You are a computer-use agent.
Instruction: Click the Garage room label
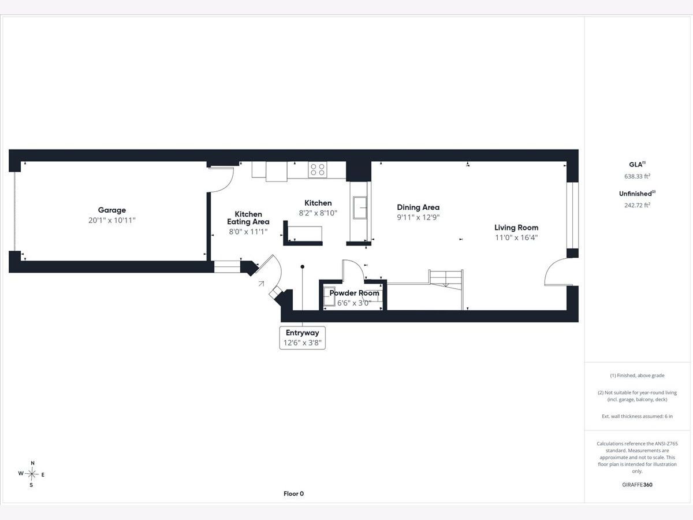(112, 210)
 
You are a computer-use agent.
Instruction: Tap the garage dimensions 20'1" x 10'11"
(112, 220)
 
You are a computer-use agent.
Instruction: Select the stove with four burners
(317, 169)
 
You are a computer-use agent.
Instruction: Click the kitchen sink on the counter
(360, 207)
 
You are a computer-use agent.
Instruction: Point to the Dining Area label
(418, 207)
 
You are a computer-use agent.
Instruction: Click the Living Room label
(516, 228)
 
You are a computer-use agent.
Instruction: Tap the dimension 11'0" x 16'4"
(516, 237)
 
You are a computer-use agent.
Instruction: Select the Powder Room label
(354, 293)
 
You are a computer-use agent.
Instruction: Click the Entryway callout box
(303, 338)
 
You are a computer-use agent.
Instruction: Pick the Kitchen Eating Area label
(248, 218)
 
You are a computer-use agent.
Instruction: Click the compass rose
(32, 474)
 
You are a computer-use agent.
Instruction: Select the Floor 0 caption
(293, 494)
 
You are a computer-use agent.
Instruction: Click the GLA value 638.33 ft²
(637, 176)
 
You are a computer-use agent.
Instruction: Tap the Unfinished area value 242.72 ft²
(637, 205)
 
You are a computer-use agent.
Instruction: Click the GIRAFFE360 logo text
(637, 485)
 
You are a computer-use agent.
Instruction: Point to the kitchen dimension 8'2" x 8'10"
(318, 213)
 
